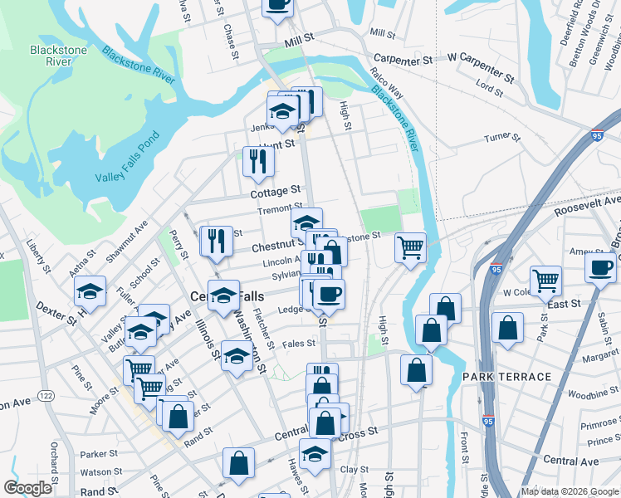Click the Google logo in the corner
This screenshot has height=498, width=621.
click(28, 488)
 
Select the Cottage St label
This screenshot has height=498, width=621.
click(275, 192)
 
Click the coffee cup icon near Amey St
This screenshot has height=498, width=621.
click(601, 266)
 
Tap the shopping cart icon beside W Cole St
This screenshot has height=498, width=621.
click(546, 280)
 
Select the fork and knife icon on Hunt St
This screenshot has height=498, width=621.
click(258, 159)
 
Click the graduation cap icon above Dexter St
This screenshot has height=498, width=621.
click(90, 290)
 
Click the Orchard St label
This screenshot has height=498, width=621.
click(54, 470)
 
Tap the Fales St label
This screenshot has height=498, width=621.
click(299, 343)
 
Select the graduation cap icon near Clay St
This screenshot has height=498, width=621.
click(315, 453)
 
